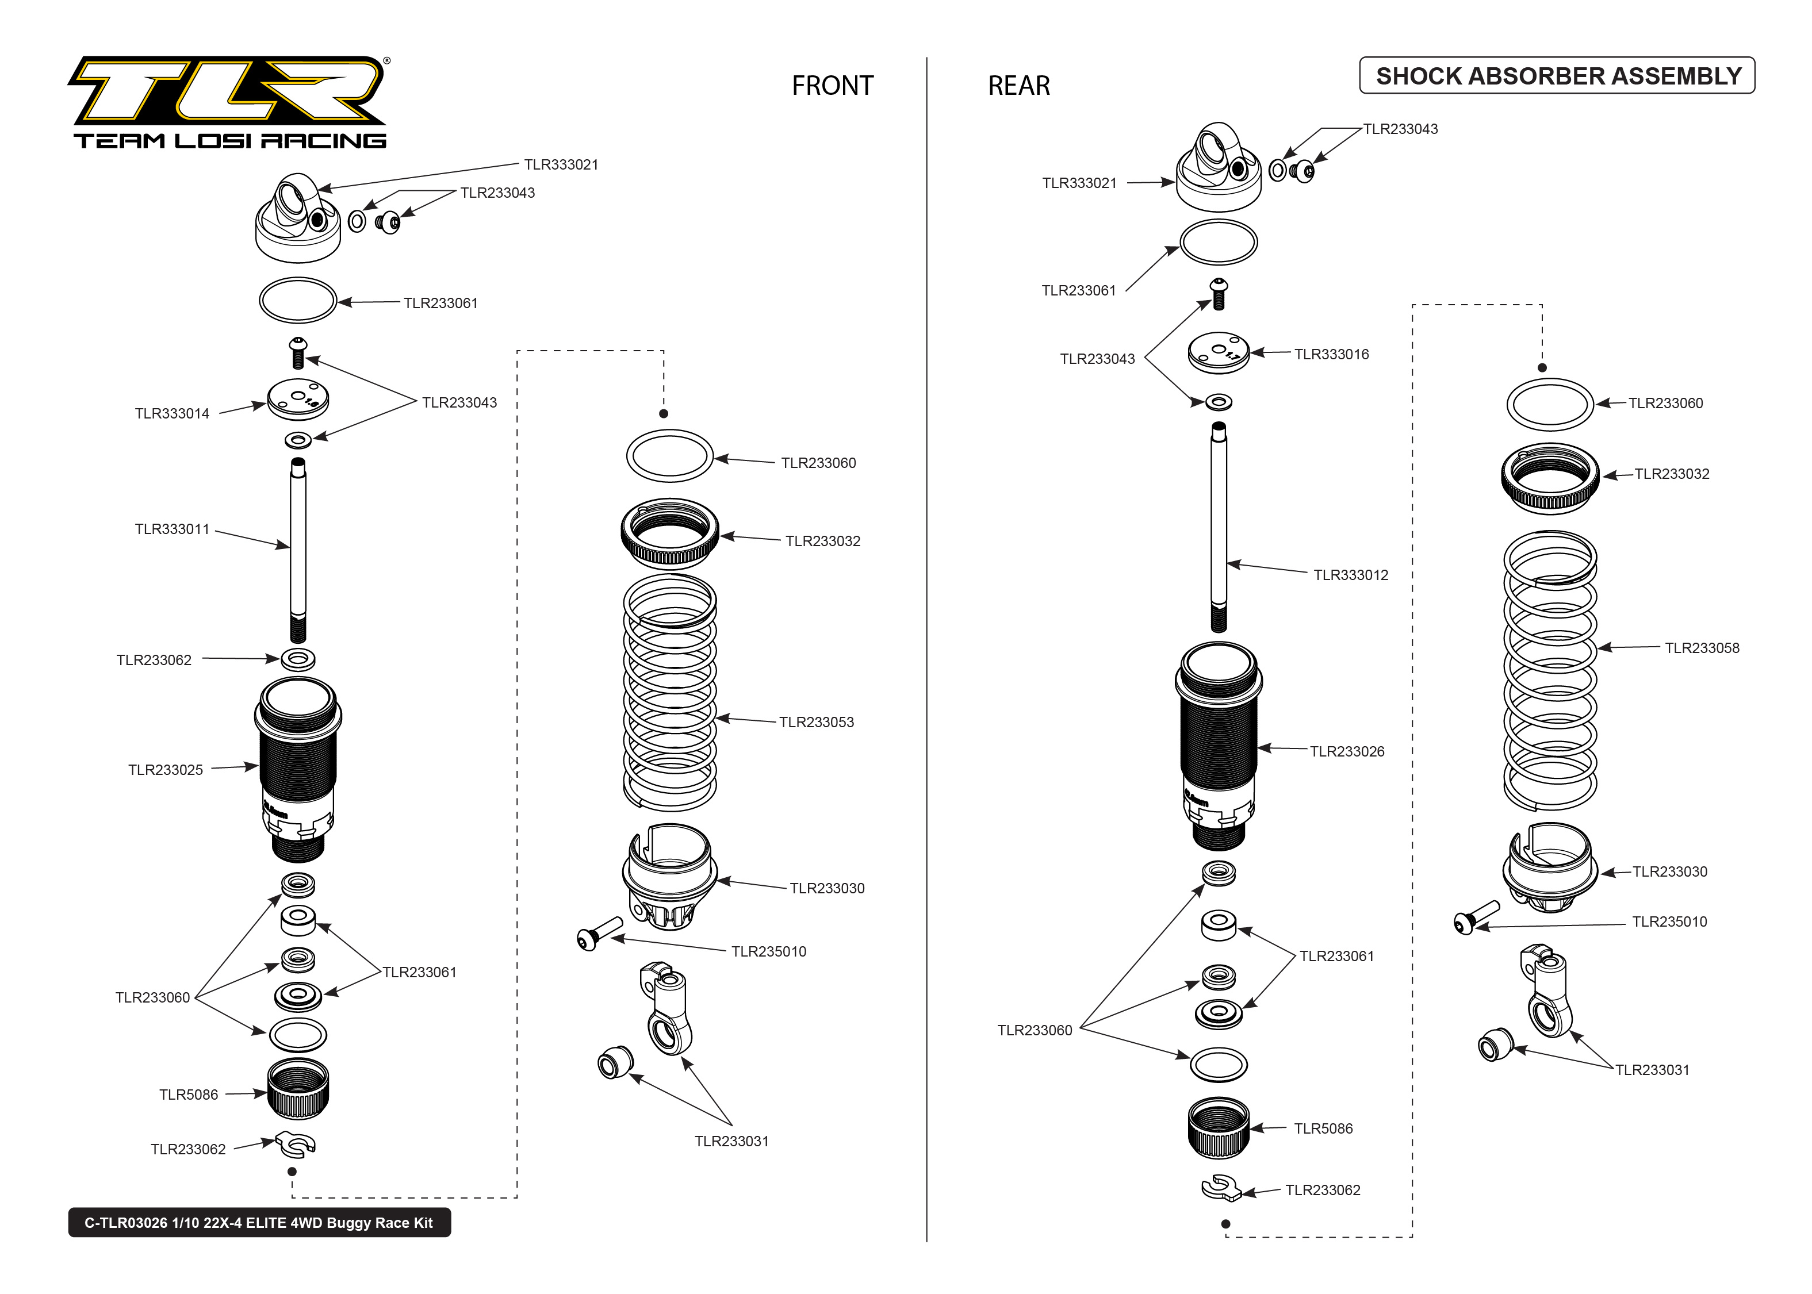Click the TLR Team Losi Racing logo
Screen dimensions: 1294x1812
tap(229, 102)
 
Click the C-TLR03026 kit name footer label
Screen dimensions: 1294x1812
tap(259, 1222)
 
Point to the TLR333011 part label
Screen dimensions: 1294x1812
tap(172, 529)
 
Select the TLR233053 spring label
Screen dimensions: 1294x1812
tap(816, 723)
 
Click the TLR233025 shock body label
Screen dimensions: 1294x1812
tap(166, 770)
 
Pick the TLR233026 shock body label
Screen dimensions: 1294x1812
tap(1347, 751)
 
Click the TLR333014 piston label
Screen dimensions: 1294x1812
tap(172, 413)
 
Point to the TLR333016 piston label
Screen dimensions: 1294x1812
tap(1331, 355)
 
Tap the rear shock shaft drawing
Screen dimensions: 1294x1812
tap(1219, 526)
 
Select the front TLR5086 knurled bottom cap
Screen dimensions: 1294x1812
tap(298, 1089)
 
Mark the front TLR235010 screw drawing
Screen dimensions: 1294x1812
tap(599, 933)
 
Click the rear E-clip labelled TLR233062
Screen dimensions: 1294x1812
tap(1220, 1187)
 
